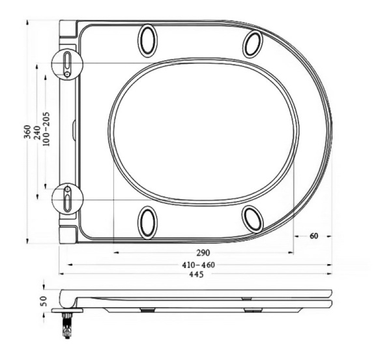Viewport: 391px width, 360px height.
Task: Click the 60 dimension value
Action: click(314, 236)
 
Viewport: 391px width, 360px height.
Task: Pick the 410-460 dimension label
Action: click(199, 265)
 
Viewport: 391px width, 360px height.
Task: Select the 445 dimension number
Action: click(196, 275)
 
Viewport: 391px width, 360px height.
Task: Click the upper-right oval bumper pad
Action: click(253, 43)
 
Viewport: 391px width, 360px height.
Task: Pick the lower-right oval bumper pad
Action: click(253, 218)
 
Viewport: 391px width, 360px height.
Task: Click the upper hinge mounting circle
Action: click(66, 65)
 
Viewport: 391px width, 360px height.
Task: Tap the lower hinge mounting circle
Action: click(67, 198)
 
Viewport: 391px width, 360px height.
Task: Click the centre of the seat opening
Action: click(203, 130)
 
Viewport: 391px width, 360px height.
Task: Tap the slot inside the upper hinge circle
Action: click(67, 61)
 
